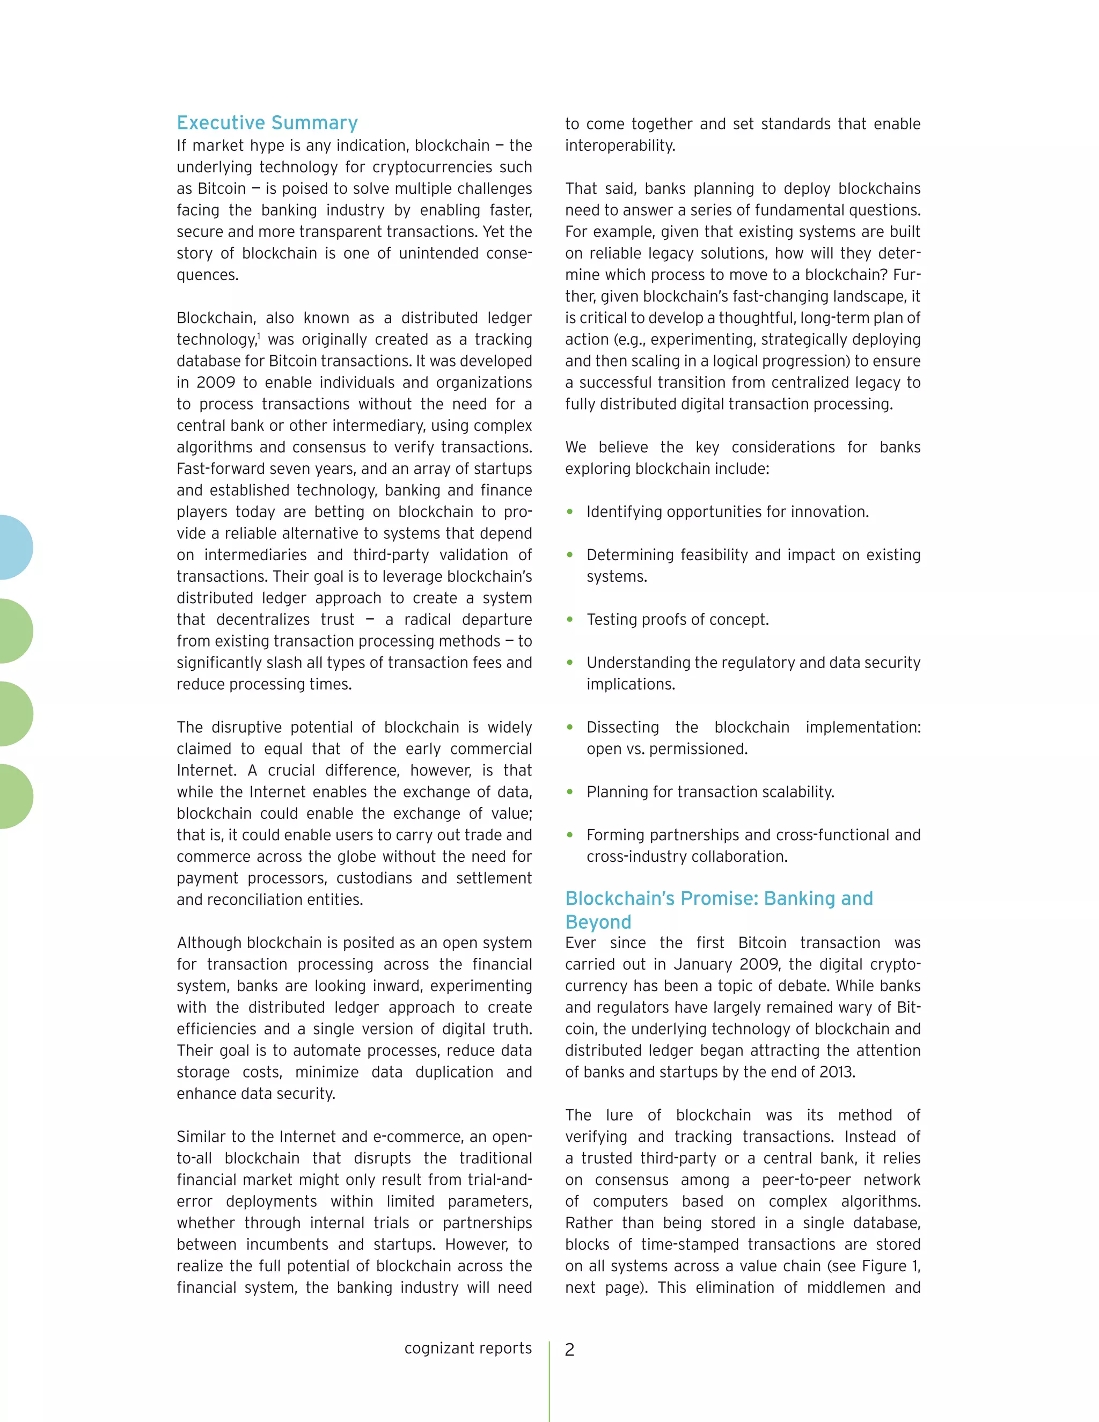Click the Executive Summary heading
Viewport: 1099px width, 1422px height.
pyautogui.click(x=267, y=122)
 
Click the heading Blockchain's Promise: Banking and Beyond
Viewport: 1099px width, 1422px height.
pyautogui.click(x=718, y=910)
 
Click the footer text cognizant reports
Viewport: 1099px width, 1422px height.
pyautogui.click(x=467, y=1348)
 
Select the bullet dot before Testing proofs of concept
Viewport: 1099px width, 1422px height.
pyautogui.click(x=570, y=619)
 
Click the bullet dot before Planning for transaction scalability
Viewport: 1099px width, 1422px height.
pyautogui.click(x=570, y=791)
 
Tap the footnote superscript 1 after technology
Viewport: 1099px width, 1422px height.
pyautogui.click(x=259, y=335)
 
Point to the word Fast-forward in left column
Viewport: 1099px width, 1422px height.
pyautogui.click(x=216, y=469)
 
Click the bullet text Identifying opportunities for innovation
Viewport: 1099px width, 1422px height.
pyautogui.click(x=727, y=512)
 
